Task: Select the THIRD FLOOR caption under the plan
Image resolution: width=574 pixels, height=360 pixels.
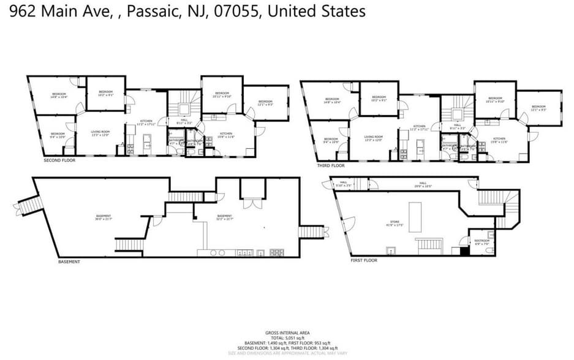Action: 331,165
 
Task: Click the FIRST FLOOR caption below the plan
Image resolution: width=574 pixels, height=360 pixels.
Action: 364,260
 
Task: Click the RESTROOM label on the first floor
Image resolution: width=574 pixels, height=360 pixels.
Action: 482,241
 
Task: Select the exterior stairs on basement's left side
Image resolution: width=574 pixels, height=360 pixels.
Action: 26,206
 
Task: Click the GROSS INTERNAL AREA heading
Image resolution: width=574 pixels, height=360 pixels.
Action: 287,333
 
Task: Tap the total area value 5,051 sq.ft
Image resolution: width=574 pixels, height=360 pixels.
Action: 287,339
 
